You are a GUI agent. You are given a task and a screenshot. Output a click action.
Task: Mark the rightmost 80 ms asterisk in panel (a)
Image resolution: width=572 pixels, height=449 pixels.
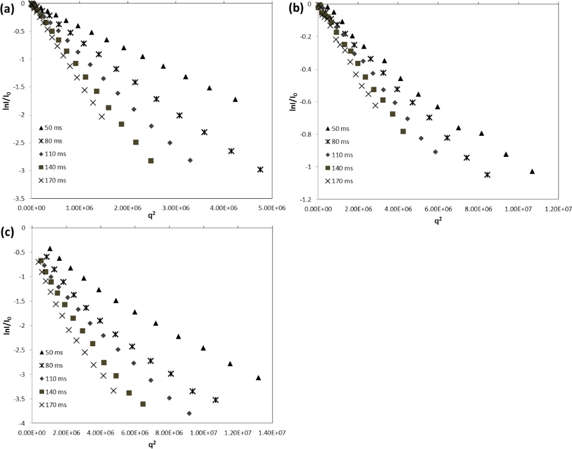coord(260,169)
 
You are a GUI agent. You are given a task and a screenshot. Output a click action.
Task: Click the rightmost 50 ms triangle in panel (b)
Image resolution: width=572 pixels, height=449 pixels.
coord(532,171)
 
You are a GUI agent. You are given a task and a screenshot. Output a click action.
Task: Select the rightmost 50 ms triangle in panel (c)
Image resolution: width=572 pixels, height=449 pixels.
coord(258,378)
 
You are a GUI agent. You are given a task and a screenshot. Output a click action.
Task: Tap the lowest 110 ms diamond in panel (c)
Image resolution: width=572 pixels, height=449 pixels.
coord(189,413)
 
